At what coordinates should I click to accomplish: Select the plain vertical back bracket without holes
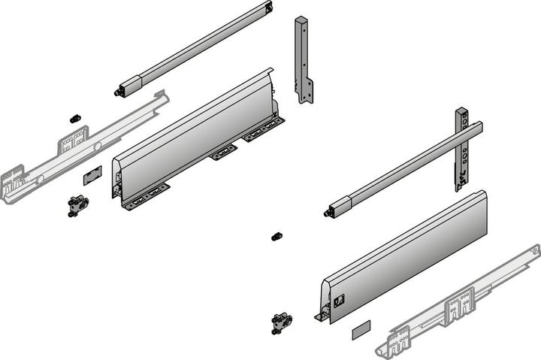pos(303,60)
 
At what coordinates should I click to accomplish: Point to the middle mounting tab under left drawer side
pos(223,153)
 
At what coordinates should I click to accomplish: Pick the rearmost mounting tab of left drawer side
pos(264,131)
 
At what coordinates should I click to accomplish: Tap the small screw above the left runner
pos(74,119)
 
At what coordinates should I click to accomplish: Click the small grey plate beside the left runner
pos(92,175)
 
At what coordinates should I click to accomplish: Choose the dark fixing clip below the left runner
pos(77,205)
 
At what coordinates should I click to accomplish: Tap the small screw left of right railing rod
pos(276,236)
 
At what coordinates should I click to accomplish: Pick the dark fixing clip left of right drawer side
pos(282,322)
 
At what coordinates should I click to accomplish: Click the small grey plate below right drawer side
pos(361,327)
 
